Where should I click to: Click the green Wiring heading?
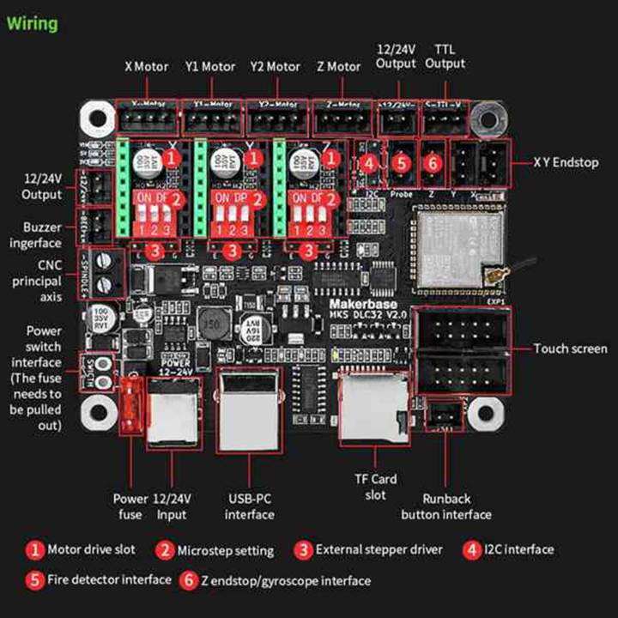(x=33, y=23)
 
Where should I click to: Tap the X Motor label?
(x=147, y=66)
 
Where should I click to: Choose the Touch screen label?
(x=570, y=348)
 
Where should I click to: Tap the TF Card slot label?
(x=375, y=487)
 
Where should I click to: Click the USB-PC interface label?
(x=250, y=506)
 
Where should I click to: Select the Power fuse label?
(x=130, y=506)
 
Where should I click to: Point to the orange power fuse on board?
(x=131, y=403)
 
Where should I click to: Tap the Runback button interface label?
(x=446, y=506)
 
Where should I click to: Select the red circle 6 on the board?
(x=433, y=161)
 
